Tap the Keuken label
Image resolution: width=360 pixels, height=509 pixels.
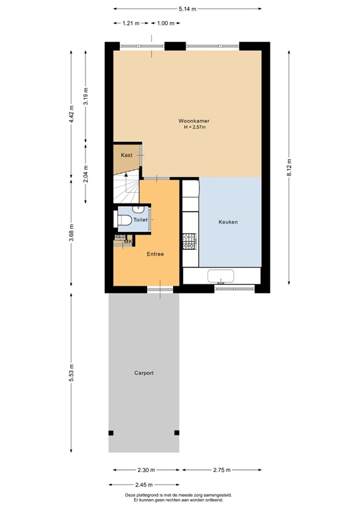click(228, 222)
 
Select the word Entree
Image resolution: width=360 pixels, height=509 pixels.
click(155, 254)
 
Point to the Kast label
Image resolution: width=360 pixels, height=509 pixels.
click(127, 155)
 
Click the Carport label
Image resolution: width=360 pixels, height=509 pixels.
click(143, 373)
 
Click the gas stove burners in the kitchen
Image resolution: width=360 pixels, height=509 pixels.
click(189, 242)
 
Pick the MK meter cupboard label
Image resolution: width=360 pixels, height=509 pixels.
click(128, 242)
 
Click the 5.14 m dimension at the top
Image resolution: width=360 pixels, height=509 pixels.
click(187, 9)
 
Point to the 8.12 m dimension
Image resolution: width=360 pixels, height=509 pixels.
click(289, 170)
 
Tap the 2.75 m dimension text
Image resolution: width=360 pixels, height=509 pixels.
click(222, 471)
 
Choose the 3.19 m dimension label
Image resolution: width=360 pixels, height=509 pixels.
click(86, 98)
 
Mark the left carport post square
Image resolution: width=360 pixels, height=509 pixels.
click(111, 433)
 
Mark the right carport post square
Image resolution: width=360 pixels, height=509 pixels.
click(176, 433)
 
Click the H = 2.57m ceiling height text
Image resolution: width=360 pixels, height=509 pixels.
click(194, 128)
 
